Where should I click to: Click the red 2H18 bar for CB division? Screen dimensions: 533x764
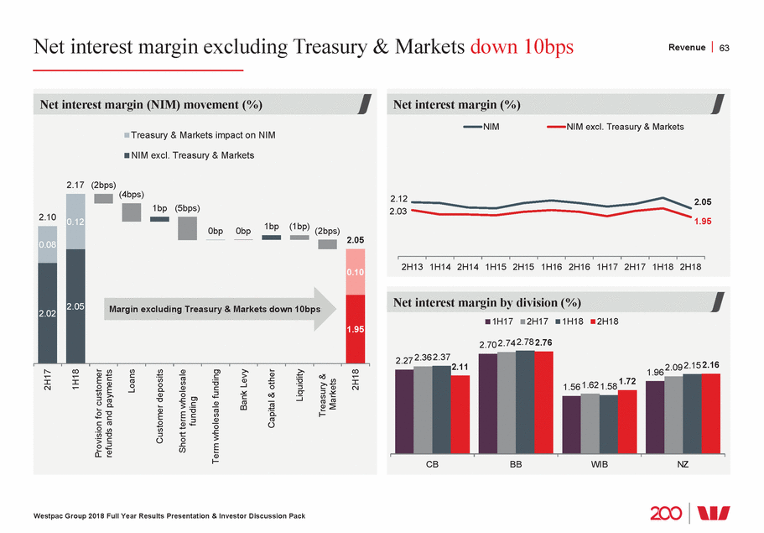tap(460, 414)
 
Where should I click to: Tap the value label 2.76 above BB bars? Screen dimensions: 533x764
tap(543, 343)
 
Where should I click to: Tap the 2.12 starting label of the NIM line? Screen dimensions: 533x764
tap(400, 198)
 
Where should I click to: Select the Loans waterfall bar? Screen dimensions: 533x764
tap(132, 212)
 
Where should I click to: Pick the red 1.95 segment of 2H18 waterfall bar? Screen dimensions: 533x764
tap(356, 329)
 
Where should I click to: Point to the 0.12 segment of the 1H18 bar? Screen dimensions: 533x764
tap(75, 222)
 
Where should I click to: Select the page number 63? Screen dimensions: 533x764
tap(725, 48)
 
